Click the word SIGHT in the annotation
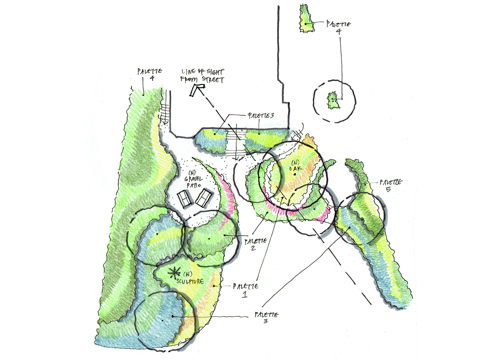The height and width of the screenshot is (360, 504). (215, 72)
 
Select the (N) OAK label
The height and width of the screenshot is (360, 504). (295, 166)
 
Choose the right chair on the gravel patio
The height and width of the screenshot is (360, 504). (203, 198)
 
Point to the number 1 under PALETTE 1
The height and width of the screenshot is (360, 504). (245, 295)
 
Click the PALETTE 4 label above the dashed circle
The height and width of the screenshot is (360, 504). (338, 27)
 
